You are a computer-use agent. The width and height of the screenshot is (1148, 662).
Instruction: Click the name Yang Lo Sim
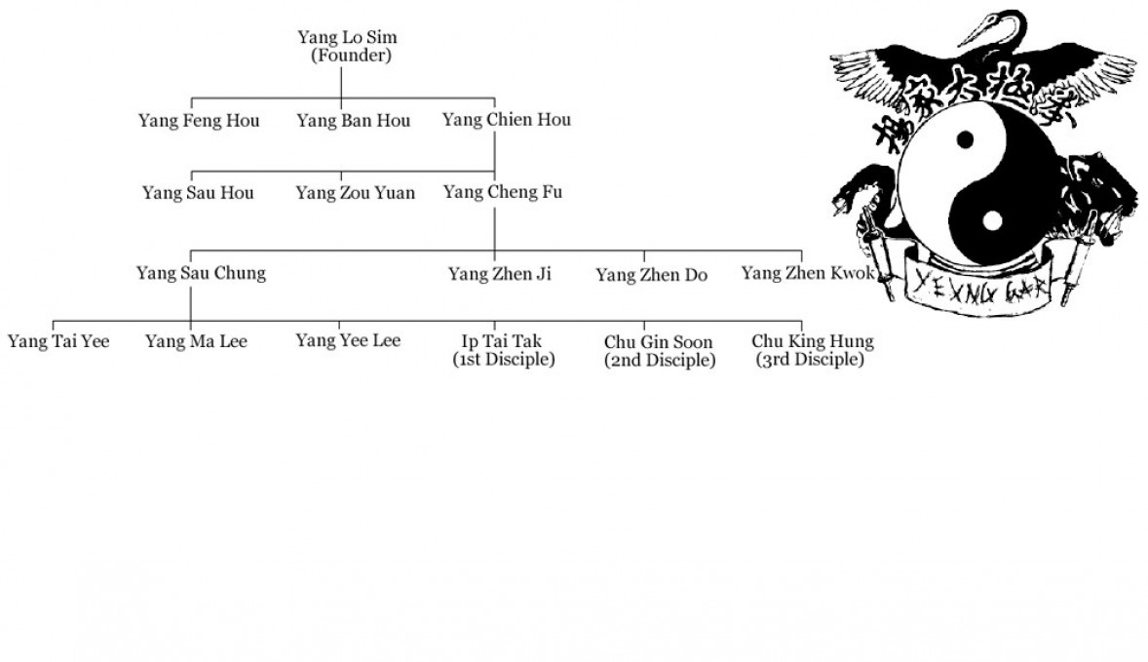click(x=347, y=39)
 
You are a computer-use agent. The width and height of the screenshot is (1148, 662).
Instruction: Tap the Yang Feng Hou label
click(x=199, y=121)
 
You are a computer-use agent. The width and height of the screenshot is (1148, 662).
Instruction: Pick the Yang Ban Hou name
click(x=353, y=121)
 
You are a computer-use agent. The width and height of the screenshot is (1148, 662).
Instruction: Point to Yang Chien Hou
click(x=506, y=120)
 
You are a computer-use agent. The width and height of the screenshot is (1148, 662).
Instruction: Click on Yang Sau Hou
click(x=198, y=193)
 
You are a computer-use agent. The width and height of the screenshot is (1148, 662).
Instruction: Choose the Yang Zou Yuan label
click(x=355, y=193)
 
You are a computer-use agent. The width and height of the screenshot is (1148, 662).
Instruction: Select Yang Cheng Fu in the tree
click(x=502, y=192)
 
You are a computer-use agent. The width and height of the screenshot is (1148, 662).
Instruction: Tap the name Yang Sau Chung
click(x=201, y=273)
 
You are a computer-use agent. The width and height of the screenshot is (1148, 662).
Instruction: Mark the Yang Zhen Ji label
click(x=499, y=274)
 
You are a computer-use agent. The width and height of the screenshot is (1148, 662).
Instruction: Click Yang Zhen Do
click(x=651, y=275)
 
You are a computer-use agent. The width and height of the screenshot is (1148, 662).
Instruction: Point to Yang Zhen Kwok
click(x=807, y=273)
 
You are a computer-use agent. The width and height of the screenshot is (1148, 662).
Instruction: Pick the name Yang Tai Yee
click(x=58, y=341)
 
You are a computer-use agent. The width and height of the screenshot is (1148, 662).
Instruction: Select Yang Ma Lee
click(x=196, y=341)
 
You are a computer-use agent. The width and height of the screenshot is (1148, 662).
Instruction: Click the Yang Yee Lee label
click(x=348, y=340)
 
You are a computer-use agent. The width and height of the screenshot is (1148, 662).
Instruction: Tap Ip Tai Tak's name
click(x=503, y=341)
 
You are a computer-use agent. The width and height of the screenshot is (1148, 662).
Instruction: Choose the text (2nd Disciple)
click(x=660, y=360)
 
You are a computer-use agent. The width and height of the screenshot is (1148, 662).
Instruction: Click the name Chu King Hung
click(x=812, y=342)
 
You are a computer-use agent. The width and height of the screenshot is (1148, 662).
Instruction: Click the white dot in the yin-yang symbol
click(x=991, y=220)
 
